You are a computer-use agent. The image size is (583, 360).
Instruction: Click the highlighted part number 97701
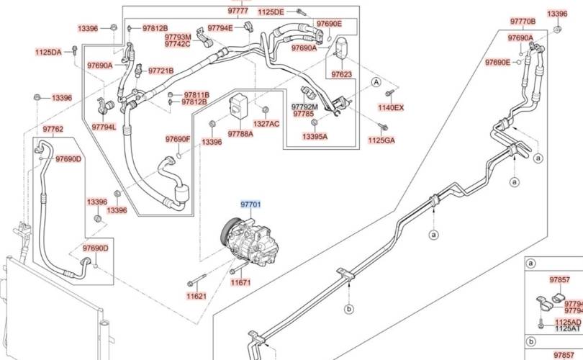(250, 204)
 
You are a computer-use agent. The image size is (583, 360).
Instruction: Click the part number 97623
(341, 74)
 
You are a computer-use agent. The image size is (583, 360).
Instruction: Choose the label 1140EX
(392, 108)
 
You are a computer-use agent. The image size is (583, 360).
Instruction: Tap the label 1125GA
(381, 140)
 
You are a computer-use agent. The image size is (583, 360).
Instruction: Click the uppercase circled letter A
(375, 83)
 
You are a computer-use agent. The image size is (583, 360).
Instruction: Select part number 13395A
(315, 136)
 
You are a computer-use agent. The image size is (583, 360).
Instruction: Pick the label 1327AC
(266, 124)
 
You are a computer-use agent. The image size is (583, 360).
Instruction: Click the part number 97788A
(240, 133)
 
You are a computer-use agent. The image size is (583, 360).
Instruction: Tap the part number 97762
(53, 130)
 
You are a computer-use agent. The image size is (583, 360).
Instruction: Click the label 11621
(196, 296)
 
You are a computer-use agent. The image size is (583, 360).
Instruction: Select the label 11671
(240, 283)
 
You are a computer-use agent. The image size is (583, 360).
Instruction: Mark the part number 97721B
(161, 71)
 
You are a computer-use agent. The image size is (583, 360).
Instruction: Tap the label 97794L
(104, 127)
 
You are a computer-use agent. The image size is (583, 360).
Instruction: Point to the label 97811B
(196, 94)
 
